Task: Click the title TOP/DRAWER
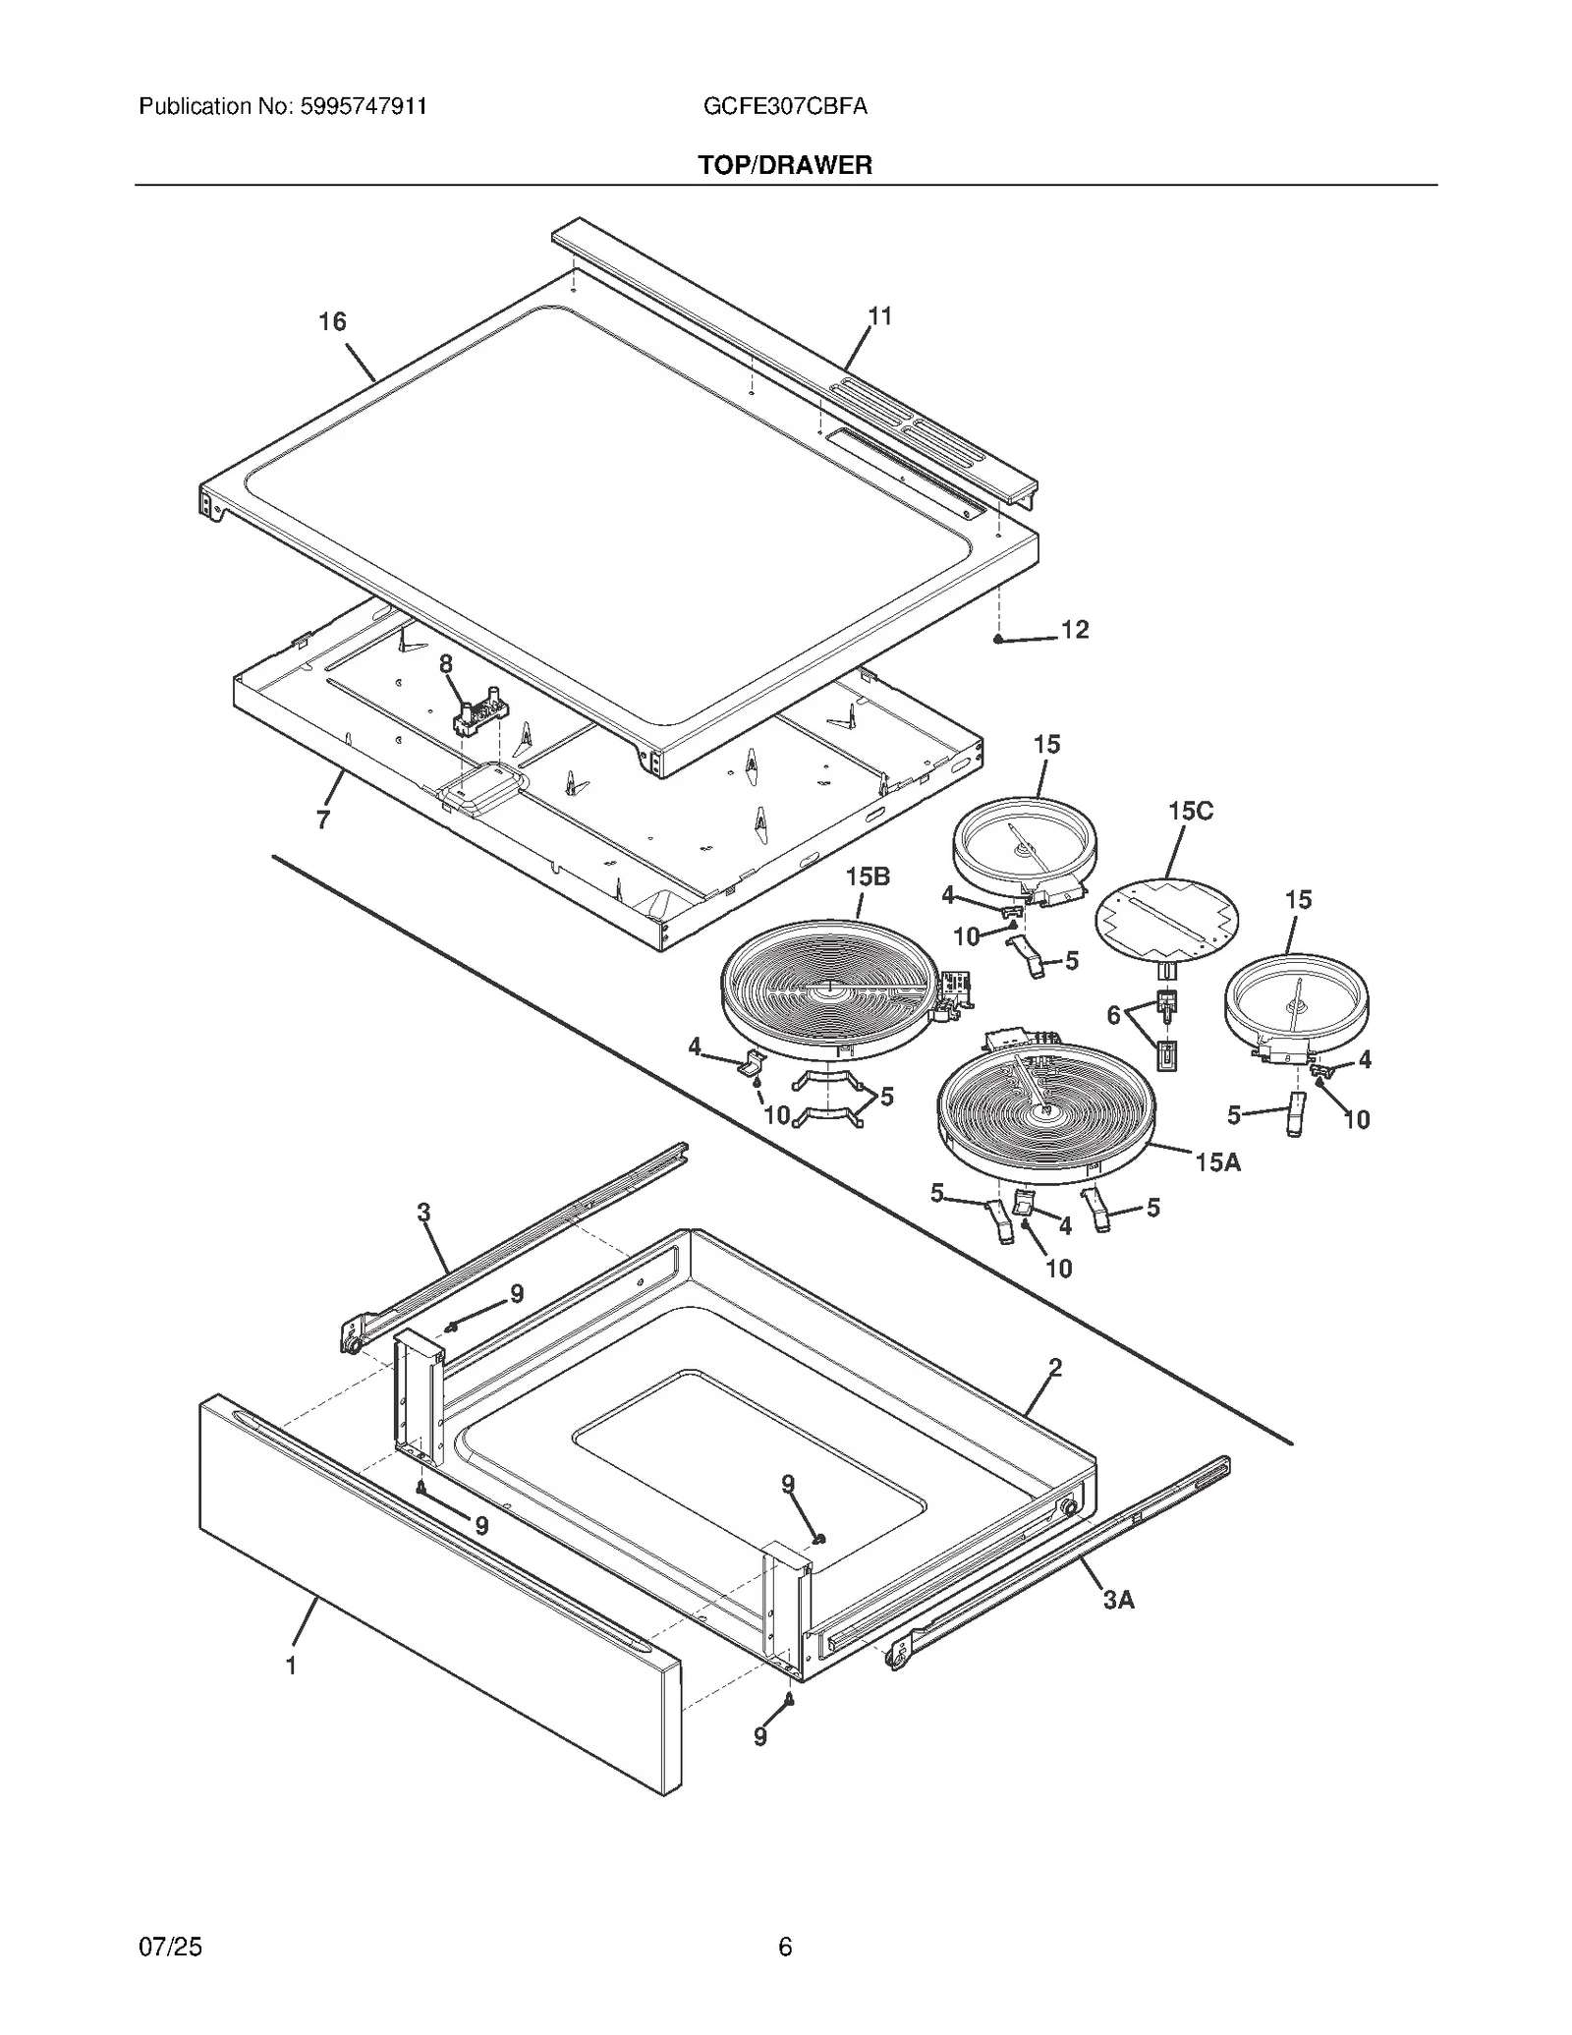785,165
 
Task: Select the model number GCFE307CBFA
785,106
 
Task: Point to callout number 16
332,321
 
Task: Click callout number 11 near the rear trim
879,315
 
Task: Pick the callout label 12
1075,630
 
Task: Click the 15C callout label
1190,811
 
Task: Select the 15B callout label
868,876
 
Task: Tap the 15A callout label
1217,1162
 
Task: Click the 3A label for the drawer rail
1118,1600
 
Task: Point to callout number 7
323,820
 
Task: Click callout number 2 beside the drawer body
1055,1367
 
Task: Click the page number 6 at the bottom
785,1947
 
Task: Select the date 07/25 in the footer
171,1947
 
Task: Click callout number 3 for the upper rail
423,1213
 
